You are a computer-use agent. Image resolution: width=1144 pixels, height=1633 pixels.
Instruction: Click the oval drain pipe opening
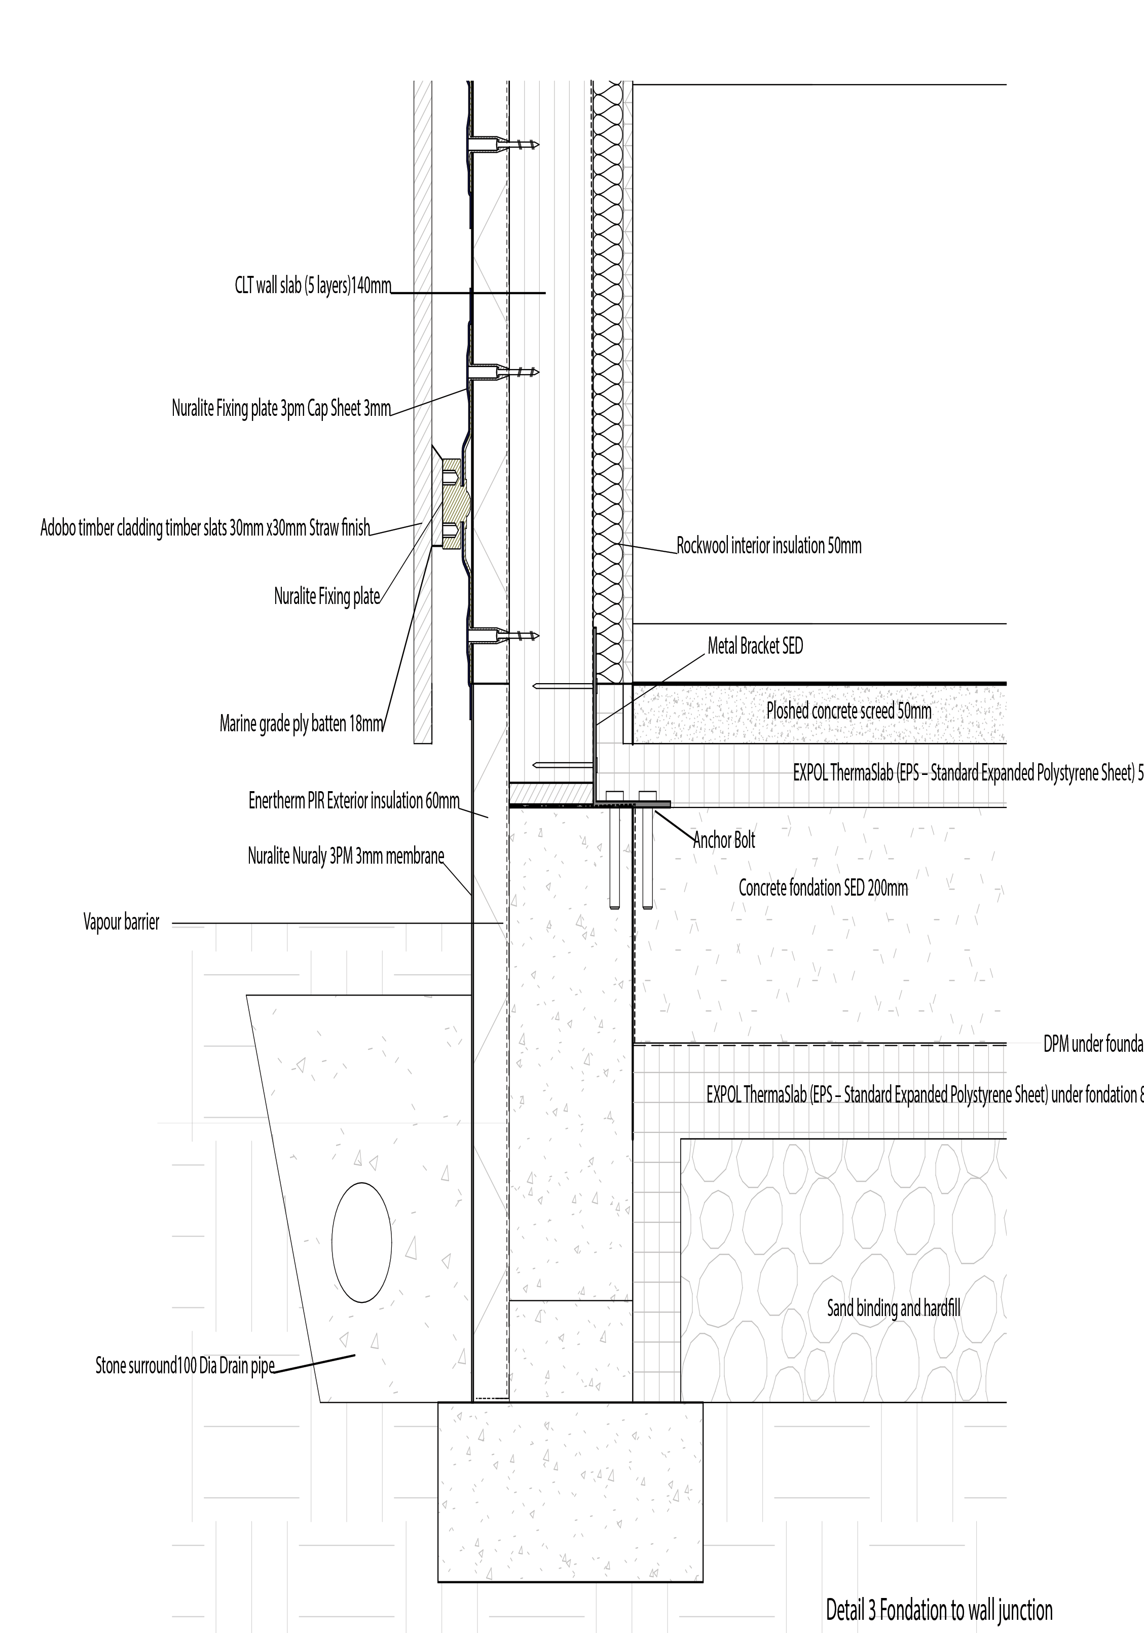(x=361, y=1242)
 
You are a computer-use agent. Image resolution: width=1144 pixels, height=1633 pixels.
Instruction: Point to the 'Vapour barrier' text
(x=121, y=922)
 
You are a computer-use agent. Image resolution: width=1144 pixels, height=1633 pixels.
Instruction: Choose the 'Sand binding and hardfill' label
(x=893, y=1307)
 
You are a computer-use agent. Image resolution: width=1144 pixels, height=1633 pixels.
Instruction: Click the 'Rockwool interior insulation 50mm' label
(x=768, y=546)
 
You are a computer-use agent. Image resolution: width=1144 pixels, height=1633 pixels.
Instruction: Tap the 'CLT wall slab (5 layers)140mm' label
(x=313, y=286)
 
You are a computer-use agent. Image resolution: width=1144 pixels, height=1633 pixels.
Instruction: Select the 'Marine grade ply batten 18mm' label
(x=302, y=724)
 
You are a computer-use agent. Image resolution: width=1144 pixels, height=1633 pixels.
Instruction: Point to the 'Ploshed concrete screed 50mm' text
(x=848, y=710)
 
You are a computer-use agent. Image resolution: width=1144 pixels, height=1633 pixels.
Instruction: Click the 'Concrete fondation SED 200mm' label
(x=823, y=887)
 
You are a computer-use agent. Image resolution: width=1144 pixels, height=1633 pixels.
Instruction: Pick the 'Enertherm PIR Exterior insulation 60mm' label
(x=353, y=801)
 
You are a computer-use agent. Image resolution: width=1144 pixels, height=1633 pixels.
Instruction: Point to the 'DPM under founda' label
(x=1093, y=1044)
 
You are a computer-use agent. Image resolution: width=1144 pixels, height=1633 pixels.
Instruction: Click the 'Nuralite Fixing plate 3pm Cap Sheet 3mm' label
(x=281, y=408)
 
